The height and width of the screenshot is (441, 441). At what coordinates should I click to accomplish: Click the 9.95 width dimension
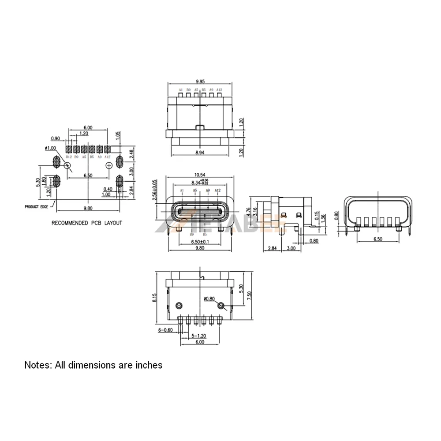pos(199,81)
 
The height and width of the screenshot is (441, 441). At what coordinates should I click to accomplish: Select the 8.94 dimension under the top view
pos(199,152)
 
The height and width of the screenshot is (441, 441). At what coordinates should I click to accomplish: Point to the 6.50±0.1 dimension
pos(200,242)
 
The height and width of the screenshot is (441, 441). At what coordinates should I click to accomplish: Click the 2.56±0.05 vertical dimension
pos(155,191)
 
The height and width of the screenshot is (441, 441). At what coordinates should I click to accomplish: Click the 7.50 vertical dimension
pos(249,295)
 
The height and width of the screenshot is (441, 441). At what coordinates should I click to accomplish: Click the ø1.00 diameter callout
pos(51,148)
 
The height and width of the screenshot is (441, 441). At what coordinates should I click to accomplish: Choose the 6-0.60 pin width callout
pos(166,330)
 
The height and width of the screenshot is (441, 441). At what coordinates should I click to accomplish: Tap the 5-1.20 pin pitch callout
pos(199,336)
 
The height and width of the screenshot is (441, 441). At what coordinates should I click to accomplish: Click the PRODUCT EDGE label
pos(36,206)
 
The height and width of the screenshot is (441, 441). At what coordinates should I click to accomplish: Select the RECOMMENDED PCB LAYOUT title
pos(87,223)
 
